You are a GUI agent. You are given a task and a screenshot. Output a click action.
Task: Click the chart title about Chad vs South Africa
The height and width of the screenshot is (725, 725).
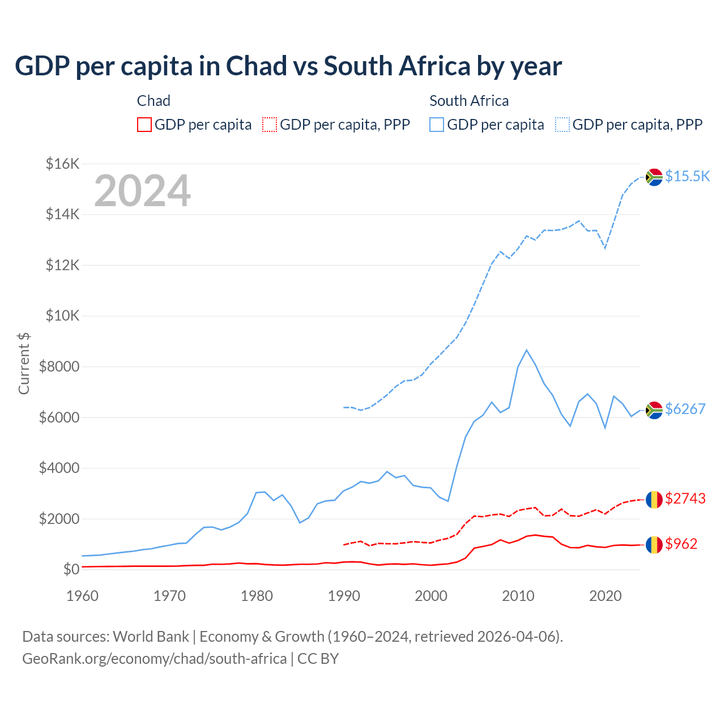(x=288, y=66)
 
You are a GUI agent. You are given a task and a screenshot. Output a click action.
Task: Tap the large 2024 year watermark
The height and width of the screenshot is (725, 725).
(x=142, y=191)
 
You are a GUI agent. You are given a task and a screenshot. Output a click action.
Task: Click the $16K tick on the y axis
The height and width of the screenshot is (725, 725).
(x=62, y=164)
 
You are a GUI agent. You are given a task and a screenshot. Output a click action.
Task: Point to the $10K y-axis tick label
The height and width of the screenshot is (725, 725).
(x=62, y=316)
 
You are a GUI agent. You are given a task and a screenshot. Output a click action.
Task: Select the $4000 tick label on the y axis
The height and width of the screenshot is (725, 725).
(x=59, y=468)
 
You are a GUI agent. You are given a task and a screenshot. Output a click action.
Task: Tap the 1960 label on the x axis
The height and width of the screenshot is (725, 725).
(x=83, y=596)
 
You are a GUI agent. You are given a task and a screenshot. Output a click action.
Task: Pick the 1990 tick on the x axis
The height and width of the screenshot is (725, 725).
(x=344, y=596)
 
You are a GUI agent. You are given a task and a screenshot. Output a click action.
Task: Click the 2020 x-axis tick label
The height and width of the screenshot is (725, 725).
(x=605, y=596)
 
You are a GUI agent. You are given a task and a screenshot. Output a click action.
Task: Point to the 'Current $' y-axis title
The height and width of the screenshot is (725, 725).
(x=24, y=364)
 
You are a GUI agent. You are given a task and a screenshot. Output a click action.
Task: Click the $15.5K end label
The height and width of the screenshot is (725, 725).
(x=687, y=177)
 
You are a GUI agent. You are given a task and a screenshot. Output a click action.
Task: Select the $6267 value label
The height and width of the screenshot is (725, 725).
(x=685, y=409)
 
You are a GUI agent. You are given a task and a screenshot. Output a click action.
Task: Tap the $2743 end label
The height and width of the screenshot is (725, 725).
(x=685, y=498)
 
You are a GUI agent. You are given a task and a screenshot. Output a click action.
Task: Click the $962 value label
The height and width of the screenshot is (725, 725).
(x=681, y=544)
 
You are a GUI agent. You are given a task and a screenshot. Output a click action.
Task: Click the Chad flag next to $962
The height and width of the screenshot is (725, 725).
(x=654, y=544)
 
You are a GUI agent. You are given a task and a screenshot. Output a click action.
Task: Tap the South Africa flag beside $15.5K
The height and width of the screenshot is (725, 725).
(x=654, y=177)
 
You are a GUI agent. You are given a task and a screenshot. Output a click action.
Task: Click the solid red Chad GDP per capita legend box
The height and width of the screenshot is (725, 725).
(x=144, y=125)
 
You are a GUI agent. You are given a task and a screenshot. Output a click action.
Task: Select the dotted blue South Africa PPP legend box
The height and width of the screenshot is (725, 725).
(x=562, y=125)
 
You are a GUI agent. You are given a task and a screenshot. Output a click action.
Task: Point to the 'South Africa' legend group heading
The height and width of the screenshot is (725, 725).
(x=469, y=101)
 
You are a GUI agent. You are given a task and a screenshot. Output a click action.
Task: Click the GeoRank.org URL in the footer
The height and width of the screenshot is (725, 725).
(x=154, y=659)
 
